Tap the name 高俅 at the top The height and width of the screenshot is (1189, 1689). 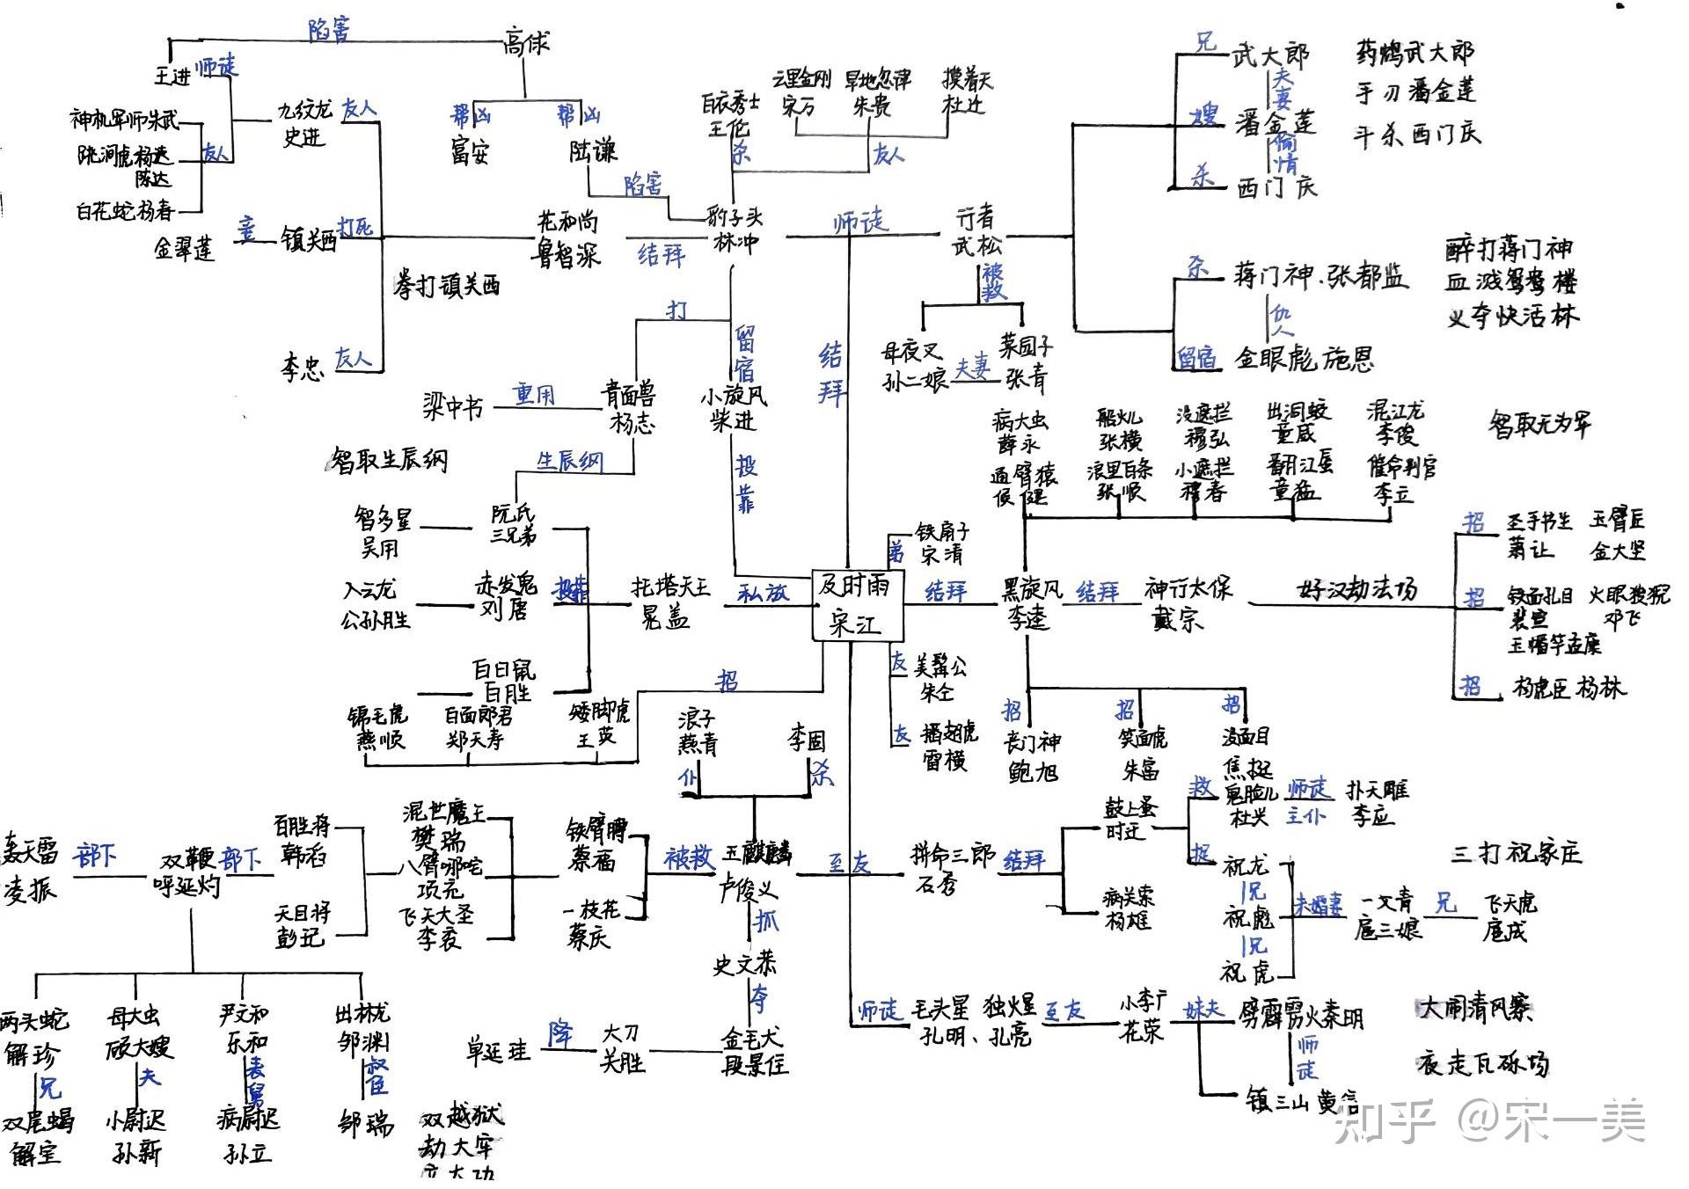coord(526,41)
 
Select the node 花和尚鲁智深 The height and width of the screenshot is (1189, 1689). coord(568,238)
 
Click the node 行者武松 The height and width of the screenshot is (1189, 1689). coord(976,230)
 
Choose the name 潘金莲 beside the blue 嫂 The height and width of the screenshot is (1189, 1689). coord(1275,123)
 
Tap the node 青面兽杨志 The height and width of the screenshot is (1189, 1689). coord(629,407)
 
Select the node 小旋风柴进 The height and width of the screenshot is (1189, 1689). coord(734,408)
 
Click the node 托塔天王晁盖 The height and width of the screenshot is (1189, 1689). coord(669,602)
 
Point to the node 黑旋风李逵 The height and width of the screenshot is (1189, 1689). coord(1031,603)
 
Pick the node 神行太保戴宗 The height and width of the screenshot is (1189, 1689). coord(1188,603)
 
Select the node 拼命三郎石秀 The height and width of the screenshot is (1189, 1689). coord(950,868)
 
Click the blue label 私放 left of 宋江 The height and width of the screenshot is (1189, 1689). coord(763,593)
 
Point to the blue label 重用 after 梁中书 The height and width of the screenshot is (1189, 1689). coord(535,395)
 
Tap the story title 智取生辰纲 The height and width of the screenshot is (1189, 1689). coord(388,460)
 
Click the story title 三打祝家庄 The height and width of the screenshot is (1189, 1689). coord(1516,852)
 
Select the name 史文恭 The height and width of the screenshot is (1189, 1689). coord(744,965)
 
